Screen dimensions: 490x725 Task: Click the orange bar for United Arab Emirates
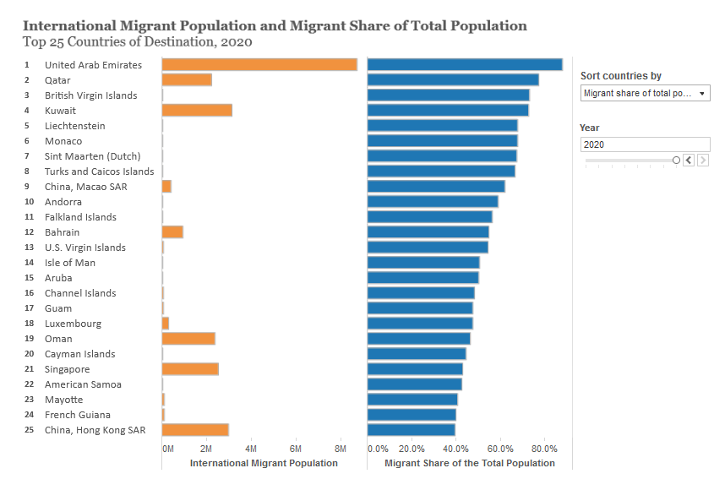259,65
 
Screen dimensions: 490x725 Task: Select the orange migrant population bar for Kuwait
197,111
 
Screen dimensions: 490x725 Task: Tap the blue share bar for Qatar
453,80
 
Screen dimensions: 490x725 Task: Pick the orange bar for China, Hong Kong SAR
195,430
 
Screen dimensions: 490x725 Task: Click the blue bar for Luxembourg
420,324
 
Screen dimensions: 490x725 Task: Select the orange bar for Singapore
190,369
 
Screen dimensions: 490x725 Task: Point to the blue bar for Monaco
443,141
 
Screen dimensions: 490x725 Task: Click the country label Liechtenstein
75,126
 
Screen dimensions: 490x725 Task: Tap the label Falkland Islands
80,217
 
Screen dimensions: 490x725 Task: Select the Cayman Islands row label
79,354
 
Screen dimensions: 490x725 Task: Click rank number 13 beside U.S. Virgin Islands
29,248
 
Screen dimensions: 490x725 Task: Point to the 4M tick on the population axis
251,449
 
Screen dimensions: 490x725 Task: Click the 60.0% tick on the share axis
500,449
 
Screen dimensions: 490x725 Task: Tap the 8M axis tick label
341,449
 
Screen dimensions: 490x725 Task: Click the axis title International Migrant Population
264,463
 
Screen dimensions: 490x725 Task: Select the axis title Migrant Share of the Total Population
470,463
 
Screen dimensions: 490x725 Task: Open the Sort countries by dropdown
646,93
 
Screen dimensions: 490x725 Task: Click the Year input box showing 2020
645,144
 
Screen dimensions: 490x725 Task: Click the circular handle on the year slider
676,160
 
